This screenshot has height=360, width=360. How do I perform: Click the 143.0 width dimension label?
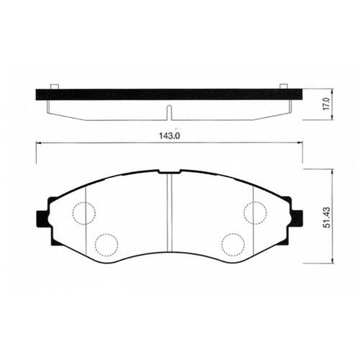pyautogui.click(x=170, y=136)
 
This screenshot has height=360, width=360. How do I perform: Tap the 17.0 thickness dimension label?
pyautogui.click(x=327, y=104)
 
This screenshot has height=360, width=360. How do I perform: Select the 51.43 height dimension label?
pyautogui.click(x=327, y=217)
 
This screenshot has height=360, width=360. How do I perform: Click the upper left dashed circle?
pyautogui.click(x=84, y=213)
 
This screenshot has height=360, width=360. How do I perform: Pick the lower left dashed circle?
pyautogui.click(x=107, y=245)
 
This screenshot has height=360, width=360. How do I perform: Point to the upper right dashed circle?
pyautogui.click(x=255, y=212)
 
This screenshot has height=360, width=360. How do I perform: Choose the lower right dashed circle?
pyautogui.click(x=233, y=245)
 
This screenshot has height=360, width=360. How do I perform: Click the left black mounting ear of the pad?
pyautogui.click(x=42, y=219)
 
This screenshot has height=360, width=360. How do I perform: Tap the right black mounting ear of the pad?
pyautogui.click(x=297, y=218)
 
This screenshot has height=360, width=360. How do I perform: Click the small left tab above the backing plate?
pyautogui.click(x=54, y=86)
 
